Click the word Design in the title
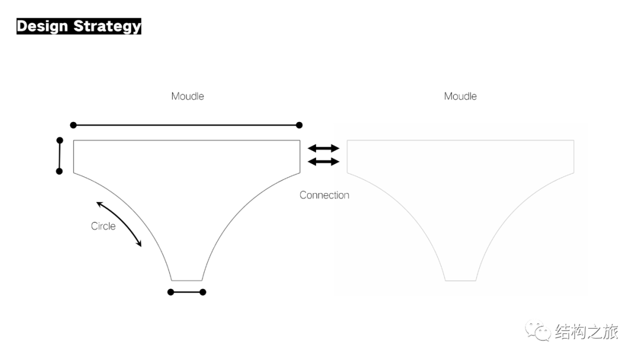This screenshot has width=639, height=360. tap(43, 26)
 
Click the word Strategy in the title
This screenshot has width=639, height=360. tap(107, 26)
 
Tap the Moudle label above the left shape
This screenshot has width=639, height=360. tap(188, 97)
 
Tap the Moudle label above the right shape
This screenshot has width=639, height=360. tap(460, 97)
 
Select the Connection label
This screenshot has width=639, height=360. tap(324, 195)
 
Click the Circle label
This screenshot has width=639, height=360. tap(103, 226)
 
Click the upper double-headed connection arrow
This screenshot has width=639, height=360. tap(324, 148)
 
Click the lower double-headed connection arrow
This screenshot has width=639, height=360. tap(324, 162)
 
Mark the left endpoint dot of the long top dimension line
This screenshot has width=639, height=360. tap(73, 125)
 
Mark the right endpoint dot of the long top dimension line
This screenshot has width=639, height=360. tap(299, 125)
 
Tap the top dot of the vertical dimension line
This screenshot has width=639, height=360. tap(60, 140)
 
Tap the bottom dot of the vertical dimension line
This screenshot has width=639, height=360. tap(59, 171)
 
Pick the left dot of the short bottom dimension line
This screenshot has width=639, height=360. tap(171, 292)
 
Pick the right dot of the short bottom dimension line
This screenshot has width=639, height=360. tap(203, 292)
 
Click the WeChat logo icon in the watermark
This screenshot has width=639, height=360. tap(538, 330)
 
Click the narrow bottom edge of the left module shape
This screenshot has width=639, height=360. tap(186, 281)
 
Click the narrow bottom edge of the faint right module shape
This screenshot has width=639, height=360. tap(460, 281)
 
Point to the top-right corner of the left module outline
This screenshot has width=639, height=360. tap(300, 140)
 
